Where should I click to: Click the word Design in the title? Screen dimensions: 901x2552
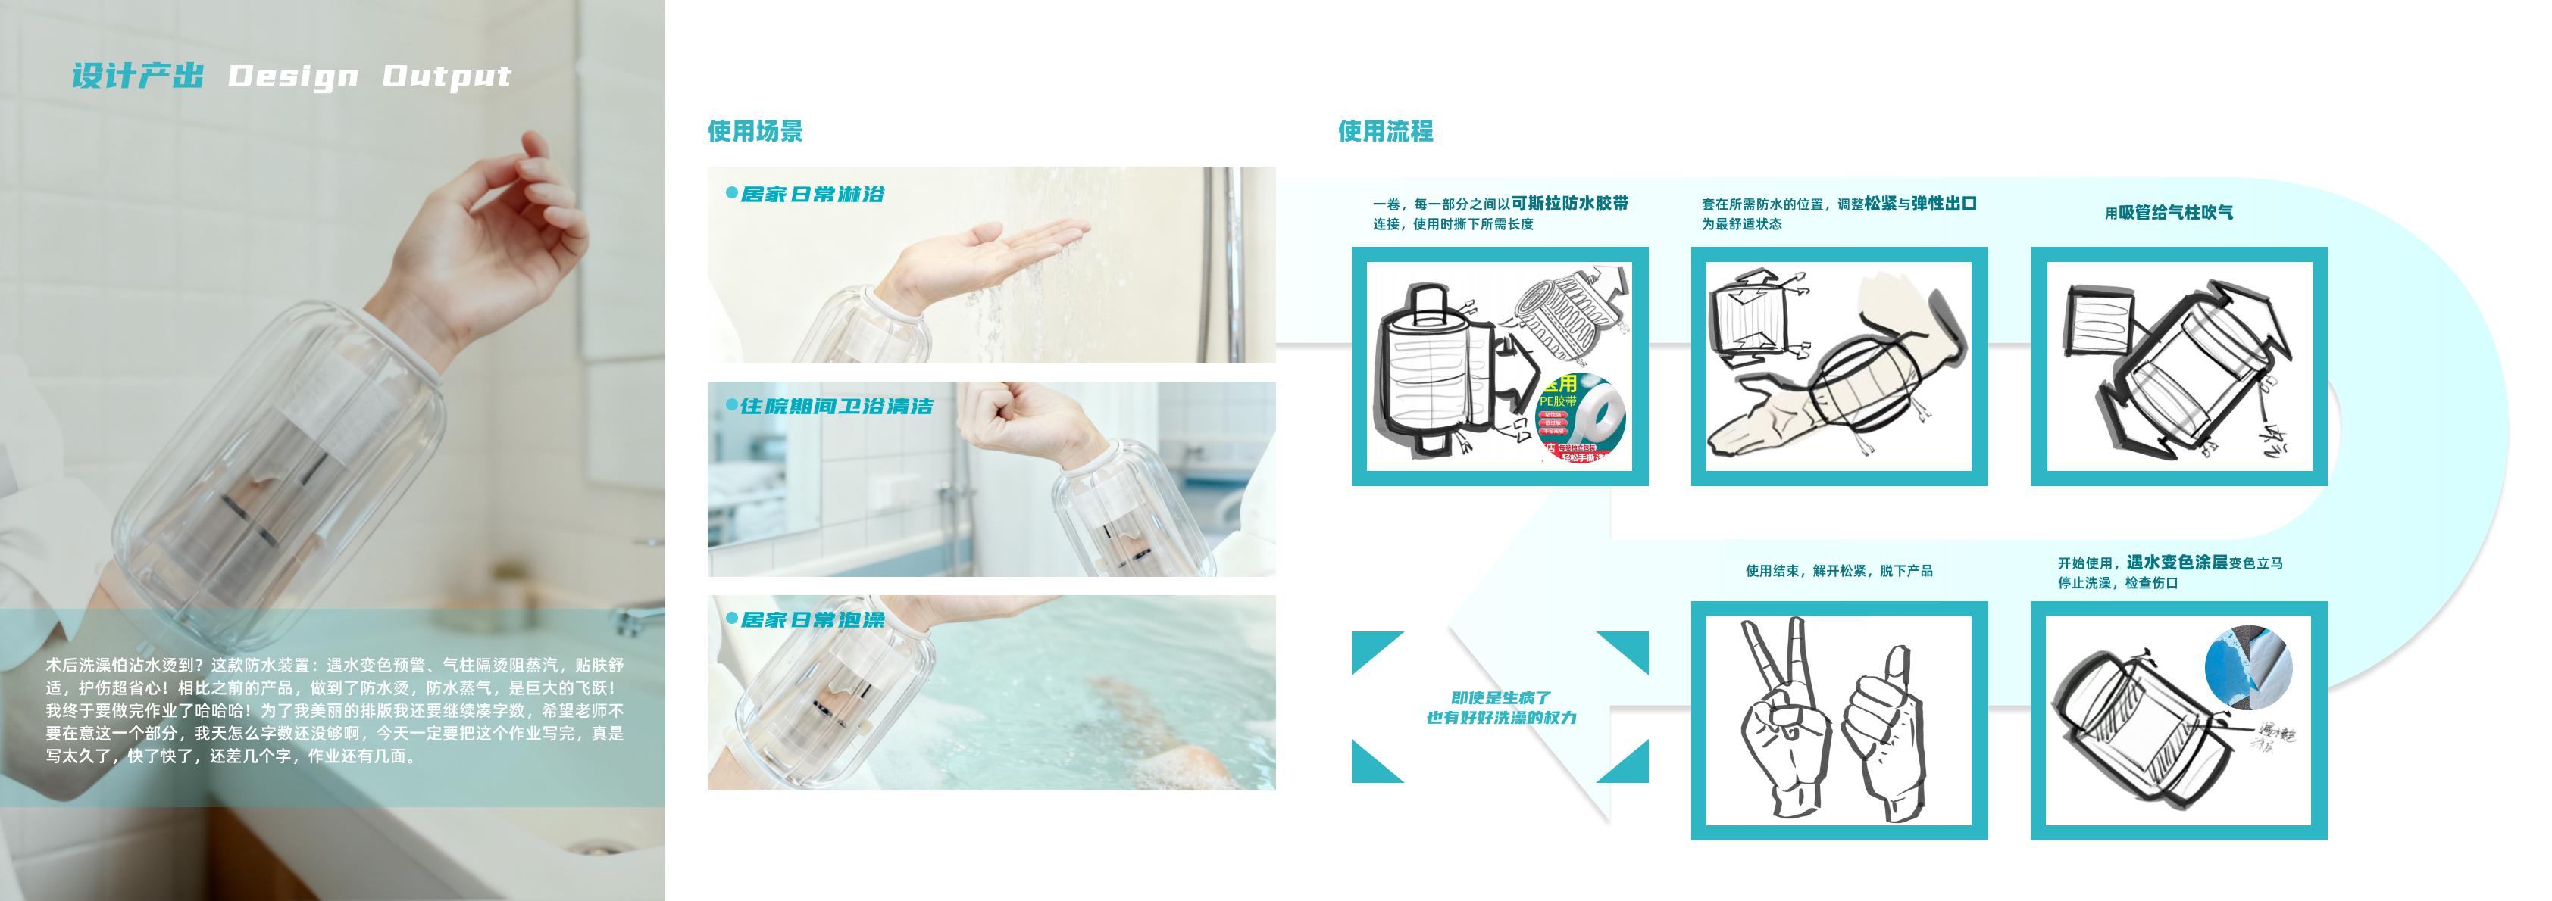click(x=293, y=76)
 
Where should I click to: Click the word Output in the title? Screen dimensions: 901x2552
click(x=447, y=76)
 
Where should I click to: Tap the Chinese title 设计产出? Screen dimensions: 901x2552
click(x=138, y=76)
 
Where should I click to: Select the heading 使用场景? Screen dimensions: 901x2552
click(x=755, y=131)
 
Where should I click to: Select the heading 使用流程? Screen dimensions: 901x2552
click(x=1385, y=131)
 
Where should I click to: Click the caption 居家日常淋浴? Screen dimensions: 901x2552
click(x=812, y=194)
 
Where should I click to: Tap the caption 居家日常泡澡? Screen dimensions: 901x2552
click(x=812, y=620)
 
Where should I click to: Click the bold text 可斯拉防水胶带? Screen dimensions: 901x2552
click(x=1569, y=203)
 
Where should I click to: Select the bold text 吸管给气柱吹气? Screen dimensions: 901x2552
click(x=2175, y=212)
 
